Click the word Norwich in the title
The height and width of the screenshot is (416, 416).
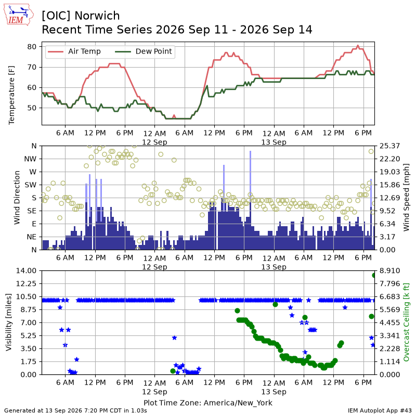97,16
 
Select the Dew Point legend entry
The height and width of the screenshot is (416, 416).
144,51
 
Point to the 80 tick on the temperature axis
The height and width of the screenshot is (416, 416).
32,47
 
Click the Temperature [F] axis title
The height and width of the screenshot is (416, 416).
11,95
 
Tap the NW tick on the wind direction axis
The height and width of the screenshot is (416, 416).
30,159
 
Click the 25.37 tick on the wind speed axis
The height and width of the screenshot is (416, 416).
389,146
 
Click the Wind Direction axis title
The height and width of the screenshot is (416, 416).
17,198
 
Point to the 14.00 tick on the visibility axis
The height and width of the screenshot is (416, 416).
26,270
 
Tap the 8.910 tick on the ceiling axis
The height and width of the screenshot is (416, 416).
389,270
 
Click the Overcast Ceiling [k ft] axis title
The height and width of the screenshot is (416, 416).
406,322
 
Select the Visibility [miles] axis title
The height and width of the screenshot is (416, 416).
8,322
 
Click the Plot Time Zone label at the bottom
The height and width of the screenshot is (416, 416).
208,402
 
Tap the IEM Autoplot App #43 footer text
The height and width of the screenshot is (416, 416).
380,410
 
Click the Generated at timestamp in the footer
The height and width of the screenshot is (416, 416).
75,410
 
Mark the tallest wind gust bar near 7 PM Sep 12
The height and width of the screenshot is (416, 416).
250,200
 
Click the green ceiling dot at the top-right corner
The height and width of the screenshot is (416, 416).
374,276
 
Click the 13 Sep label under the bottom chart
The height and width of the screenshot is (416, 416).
274,392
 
